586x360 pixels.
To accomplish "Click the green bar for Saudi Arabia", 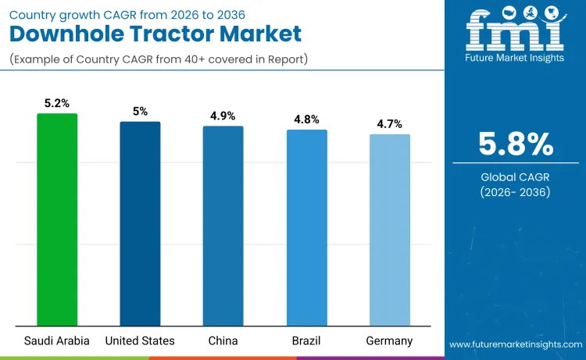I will [x=57, y=219].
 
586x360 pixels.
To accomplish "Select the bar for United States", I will [x=140, y=223].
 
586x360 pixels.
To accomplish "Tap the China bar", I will [x=223, y=226].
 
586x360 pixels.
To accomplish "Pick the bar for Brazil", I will [x=306, y=227].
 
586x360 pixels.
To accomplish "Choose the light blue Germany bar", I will [x=389, y=230].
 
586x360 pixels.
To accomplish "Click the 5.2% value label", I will [x=57, y=103].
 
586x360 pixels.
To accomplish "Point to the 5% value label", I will [x=140, y=112].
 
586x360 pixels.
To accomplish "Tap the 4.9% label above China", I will [x=223, y=116].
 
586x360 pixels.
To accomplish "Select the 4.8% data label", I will [x=306, y=119].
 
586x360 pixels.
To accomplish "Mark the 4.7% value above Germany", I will [x=389, y=123].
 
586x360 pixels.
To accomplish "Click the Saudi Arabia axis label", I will [x=57, y=340].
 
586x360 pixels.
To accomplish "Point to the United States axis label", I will [x=140, y=340].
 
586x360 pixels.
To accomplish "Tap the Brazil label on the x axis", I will [x=306, y=340].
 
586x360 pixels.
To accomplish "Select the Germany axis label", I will [x=389, y=340].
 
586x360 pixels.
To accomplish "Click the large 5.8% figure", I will [x=516, y=144].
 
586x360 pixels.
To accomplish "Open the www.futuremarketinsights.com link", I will [x=515, y=344].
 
